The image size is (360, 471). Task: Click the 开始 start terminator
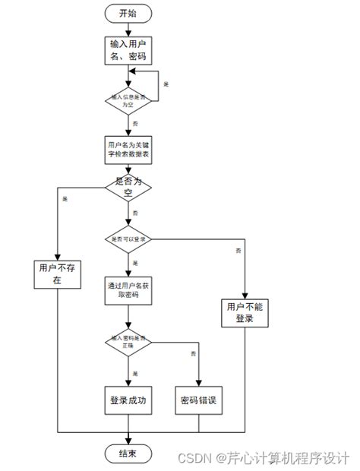click(x=128, y=14)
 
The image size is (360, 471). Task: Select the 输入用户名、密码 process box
click(x=128, y=49)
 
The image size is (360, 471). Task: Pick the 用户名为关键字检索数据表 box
click(x=128, y=149)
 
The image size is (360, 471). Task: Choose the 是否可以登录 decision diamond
click(x=128, y=239)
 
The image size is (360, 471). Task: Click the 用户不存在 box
click(x=57, y=274)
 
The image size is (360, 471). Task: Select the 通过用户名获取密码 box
click(x=128, y=290)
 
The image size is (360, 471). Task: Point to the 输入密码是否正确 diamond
click(x=128, y=343)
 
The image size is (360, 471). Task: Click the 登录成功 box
click(x=128, y=400)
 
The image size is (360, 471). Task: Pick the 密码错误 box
click(x=199, y=400)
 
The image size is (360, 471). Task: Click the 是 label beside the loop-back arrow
click(x=166, y=83)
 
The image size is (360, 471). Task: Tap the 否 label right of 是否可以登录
click(x=238, y=250)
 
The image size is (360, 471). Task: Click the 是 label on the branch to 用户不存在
click(x=65, y=199)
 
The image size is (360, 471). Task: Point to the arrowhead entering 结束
click(x=128, y=440)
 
